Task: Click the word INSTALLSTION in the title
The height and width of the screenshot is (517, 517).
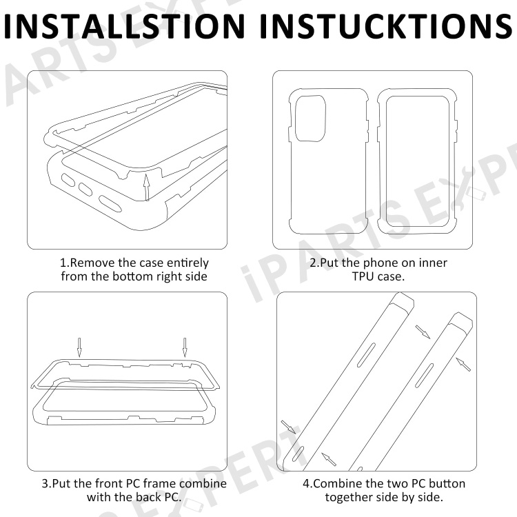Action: click(x=125, y=26)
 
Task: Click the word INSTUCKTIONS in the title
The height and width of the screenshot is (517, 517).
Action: click(x=386, y=26)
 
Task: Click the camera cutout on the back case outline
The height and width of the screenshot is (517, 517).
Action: click(x=311, y=119)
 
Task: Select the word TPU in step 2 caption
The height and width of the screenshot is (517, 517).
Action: click(x=363, y=276)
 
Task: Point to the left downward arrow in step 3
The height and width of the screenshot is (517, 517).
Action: click(x=79, y=347)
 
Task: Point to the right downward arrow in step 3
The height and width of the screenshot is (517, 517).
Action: click(x=185, y=347)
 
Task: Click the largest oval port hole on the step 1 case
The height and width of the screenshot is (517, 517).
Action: click(x=110, y=204)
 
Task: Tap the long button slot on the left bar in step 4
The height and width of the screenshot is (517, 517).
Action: click(x=366, y=355)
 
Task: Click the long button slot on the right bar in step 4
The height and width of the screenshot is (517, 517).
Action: click(x=424, y=375)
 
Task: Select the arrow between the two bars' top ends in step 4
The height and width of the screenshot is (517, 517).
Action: click(x=423, y=332)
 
